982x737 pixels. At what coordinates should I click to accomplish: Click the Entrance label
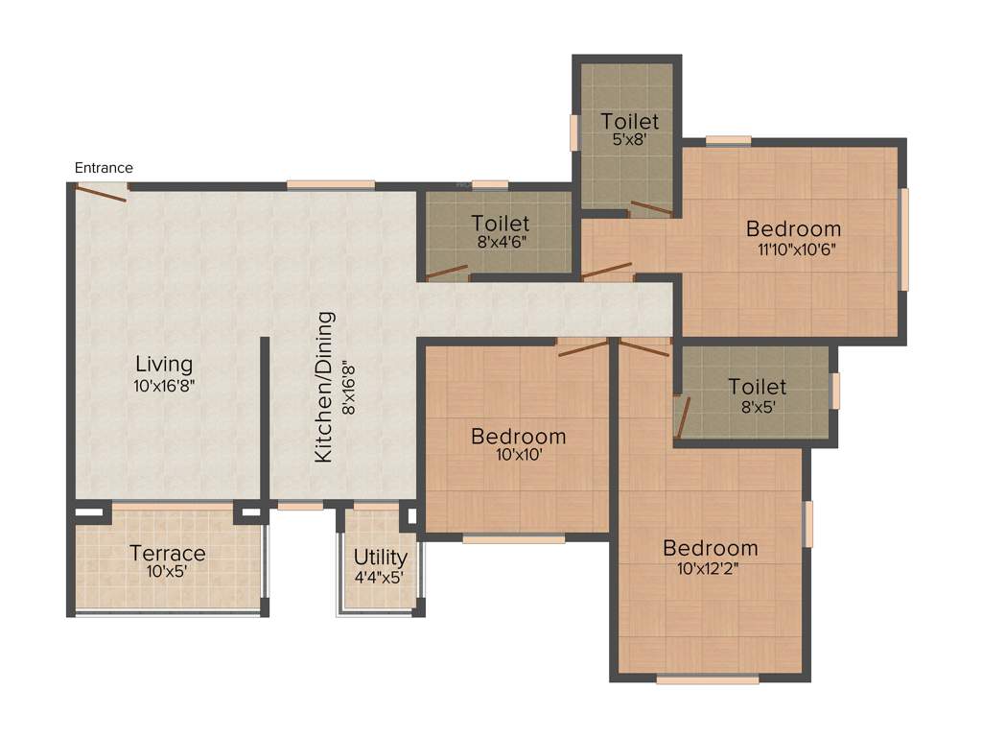pos(104,168)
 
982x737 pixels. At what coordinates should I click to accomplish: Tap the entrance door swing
pos(102,193)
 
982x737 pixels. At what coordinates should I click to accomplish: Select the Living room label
pos(163,365)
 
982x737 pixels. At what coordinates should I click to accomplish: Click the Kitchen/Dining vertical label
pos(324,386)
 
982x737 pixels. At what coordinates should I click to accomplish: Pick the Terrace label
pos(168,554)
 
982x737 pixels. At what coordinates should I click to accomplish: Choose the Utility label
pos(381,558)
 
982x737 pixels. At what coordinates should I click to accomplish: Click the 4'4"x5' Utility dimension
pos(381,579)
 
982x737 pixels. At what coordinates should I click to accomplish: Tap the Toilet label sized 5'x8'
pos(630,121)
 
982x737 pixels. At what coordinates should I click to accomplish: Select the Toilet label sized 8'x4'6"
pos(500,224)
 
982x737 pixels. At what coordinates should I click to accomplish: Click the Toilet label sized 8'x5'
pos(757,387)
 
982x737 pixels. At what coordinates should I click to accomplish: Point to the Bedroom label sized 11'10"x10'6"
pos(793,229)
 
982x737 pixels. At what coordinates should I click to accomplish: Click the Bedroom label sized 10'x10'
pos(518,437)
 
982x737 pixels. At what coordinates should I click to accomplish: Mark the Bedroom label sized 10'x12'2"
pos(710,549)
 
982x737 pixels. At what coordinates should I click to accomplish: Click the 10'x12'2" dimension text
pos(710,570)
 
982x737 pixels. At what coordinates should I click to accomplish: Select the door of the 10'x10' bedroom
pos(583,348)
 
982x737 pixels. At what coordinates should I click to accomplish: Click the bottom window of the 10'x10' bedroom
pos(513,539)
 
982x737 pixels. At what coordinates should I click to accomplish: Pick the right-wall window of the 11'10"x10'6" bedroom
pos(903,239)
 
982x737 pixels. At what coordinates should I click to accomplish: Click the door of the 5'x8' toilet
pos(651,208)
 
